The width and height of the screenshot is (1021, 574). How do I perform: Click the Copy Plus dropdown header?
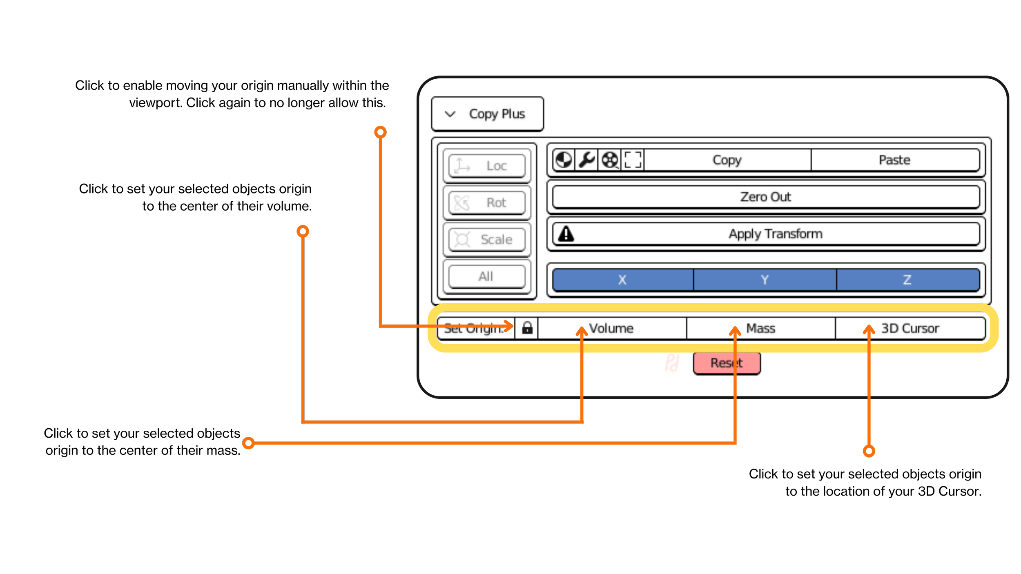[487, 114]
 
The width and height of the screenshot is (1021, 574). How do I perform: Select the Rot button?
[487, 202]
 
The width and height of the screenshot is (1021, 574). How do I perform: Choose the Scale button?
[487, 239]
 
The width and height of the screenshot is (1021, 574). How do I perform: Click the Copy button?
[727, 160]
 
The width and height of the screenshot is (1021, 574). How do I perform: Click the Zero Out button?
[766, 197]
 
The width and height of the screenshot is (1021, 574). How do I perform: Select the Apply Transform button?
[775, 234]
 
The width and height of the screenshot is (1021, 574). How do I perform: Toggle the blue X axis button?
[622, 280]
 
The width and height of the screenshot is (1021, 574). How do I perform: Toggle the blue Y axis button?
[765, 280]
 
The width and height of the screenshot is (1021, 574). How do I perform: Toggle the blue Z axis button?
[907, 280]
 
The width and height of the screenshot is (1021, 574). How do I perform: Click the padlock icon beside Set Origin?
[527, 328]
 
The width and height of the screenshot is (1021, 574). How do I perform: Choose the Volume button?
[611, 328]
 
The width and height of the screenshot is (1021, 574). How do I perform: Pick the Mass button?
[760, 328]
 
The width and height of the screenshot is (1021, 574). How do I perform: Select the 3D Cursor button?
[910, 328]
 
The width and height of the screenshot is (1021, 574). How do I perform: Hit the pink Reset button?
[727, 363]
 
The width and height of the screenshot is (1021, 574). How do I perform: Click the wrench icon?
[586, 160]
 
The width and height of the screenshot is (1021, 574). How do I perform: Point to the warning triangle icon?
[566, 234]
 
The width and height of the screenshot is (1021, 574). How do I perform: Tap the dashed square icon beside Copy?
[633, 160]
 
